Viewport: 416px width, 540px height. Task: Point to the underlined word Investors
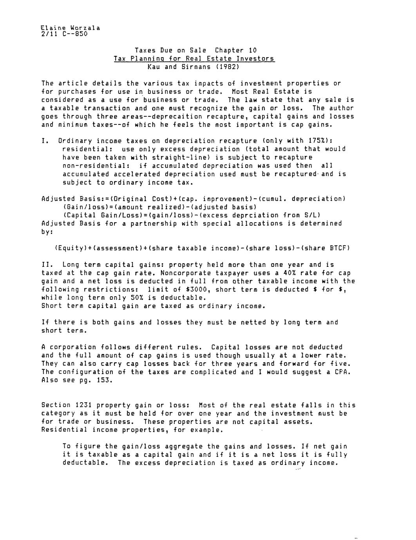click(x=255, y=59)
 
